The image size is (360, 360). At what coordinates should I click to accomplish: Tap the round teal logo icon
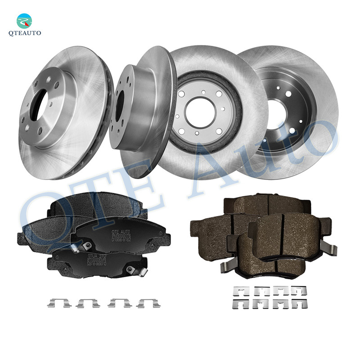pos(25,21)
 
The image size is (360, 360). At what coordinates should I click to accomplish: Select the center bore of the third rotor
pos(200,112)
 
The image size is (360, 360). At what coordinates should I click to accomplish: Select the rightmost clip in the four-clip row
pos(148,303)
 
